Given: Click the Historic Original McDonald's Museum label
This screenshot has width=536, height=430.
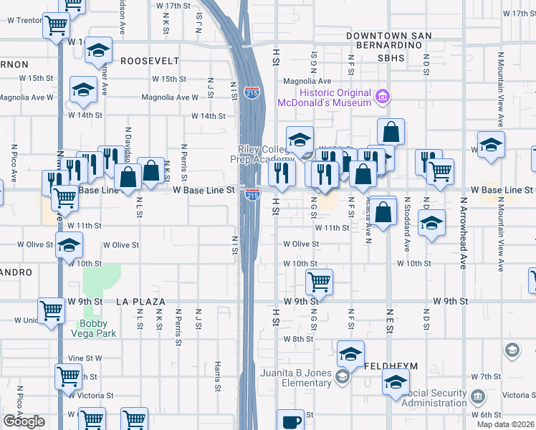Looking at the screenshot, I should (x=335, y=97).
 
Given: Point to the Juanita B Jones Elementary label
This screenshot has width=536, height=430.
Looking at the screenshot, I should (x=297, y=378).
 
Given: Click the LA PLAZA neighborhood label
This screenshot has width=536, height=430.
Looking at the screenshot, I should (x=140, y=302).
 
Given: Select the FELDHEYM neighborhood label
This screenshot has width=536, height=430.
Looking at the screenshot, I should (x=391, y=366).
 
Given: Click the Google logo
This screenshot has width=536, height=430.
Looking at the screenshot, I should (x=24, y=421).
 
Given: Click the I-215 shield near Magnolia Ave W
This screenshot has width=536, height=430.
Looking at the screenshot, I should (x=252, y=92).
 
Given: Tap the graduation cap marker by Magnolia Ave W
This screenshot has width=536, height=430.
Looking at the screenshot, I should (x=83, y=90).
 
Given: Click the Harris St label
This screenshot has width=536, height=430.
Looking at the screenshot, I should (x=216, y=377).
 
